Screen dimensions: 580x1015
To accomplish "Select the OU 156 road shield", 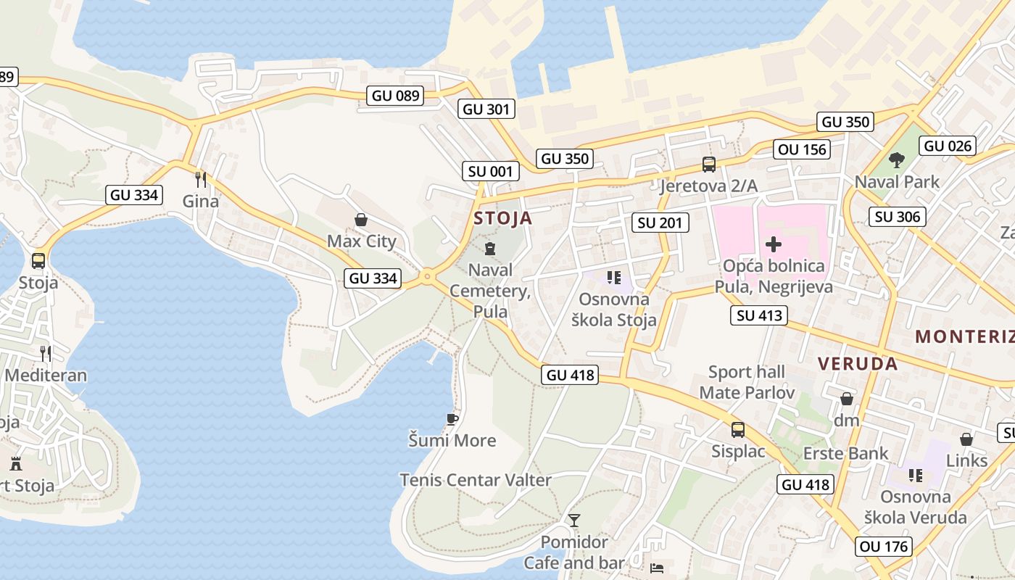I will click(x=801, y=149).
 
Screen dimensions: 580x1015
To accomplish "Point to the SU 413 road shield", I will click(x=759, y=315).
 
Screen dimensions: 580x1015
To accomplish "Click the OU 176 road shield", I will click(x=883, y=546).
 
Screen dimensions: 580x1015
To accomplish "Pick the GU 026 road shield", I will click(x=948, y=146).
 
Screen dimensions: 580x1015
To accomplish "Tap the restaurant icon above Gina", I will click(x=201, y=179).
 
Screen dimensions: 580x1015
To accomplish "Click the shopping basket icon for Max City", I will click(x=361, y=220).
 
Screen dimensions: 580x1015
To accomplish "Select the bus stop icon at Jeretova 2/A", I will click(x=708, y=165).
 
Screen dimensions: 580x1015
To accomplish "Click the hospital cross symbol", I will click(x=774, y=244).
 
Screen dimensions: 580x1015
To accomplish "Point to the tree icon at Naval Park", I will click(x=897, y=159).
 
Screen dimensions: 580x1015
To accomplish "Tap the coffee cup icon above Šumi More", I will click(x=452, y=419).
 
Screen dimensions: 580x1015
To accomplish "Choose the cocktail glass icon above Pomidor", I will click(x=574, y=520).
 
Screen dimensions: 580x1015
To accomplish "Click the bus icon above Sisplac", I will click(x=738, y=430).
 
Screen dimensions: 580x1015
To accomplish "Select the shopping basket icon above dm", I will click(x=846, y=399).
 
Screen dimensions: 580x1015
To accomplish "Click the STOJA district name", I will click(x=502, y=218).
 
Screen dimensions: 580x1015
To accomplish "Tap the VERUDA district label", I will click(x=858, y=364).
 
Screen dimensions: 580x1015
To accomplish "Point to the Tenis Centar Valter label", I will click(x=476, y=480).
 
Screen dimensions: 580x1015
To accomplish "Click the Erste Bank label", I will click(x=845, y=454).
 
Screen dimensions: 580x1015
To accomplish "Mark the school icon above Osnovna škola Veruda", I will click(x=916, y=476).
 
